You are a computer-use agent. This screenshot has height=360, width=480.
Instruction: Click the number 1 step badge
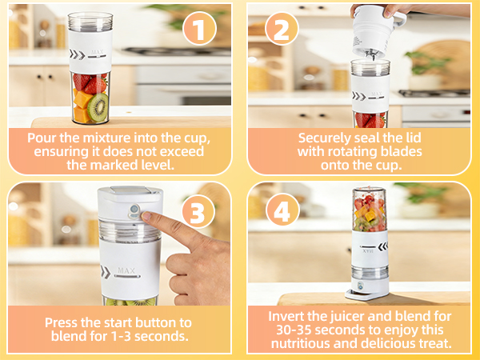(200, 29)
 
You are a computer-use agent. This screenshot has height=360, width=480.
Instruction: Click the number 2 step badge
(282, 29)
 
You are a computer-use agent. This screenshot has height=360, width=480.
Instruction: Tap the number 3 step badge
(200, 212)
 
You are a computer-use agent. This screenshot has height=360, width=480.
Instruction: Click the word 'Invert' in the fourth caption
(286, 316)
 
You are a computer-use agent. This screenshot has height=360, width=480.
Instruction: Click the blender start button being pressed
(136, 215)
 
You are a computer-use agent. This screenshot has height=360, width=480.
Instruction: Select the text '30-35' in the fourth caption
(286, 330)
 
